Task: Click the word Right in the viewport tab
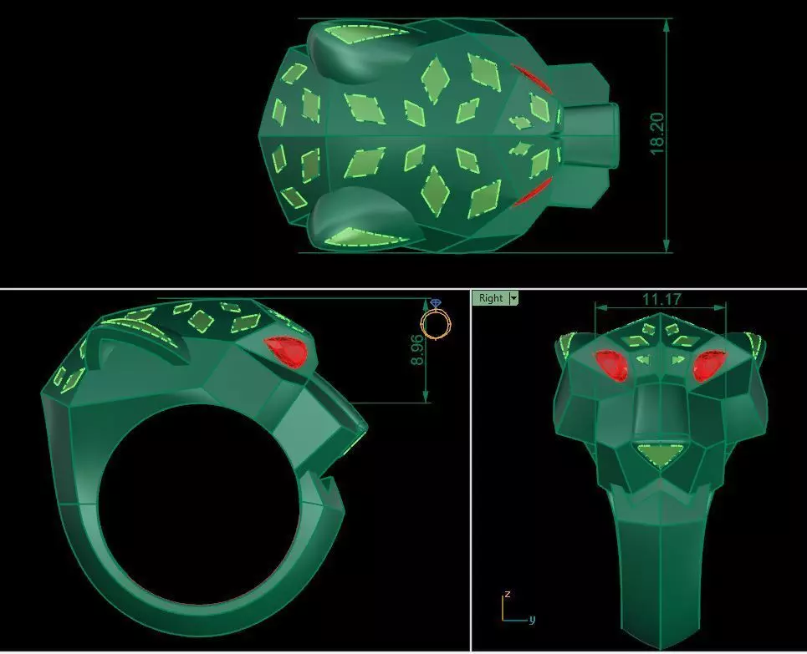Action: (491, 298)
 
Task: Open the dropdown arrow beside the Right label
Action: (513, 298)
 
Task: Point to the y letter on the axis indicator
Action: (531, 619)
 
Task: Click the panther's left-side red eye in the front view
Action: (612, 365)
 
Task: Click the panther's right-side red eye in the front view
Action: (708, 365)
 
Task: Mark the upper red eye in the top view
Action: (530, 78)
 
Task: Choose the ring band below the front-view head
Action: (658, 568)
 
